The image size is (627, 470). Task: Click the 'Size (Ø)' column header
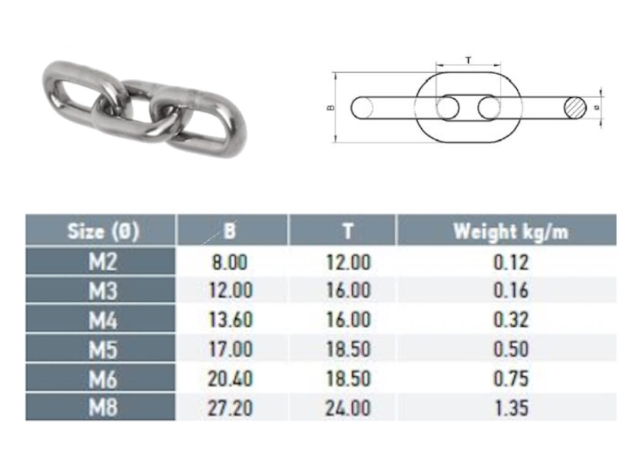point(103,231)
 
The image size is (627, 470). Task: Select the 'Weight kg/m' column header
point(510,231)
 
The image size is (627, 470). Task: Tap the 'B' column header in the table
point(230,231)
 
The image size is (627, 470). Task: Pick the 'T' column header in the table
point(347,231)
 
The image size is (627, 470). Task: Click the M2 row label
point(102,262)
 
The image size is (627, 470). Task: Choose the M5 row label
point(102,349)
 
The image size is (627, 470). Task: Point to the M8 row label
point(102,408)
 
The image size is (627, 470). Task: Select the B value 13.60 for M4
point(230,320)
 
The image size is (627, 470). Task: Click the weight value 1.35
point(511,408)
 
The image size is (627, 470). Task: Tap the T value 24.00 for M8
point(347,408)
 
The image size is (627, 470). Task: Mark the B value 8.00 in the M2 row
point(230,262)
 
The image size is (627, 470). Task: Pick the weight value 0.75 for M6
point(511,379)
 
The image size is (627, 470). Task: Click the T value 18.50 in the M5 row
point(347,349)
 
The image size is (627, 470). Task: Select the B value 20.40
point(230,379)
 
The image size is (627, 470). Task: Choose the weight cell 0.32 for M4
point(511,320)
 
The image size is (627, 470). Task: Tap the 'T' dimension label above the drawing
point(468,60)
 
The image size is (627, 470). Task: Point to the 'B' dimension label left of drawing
point(331,108)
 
